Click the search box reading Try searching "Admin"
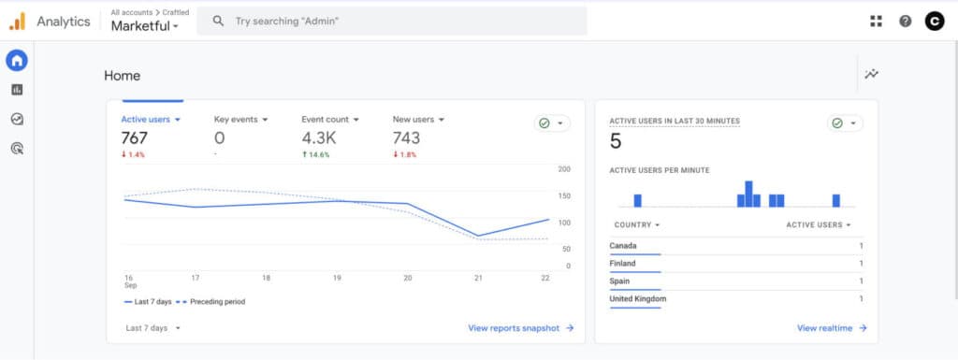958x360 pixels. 393,21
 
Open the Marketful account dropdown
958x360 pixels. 145,26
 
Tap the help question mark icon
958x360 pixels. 905,21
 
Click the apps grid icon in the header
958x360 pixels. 876,21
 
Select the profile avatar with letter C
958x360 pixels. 934,21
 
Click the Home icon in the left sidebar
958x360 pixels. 17,61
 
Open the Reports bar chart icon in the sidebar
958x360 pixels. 17,90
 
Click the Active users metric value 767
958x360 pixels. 135,138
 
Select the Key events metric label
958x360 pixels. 236,120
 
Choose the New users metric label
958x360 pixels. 413,120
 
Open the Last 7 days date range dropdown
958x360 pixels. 152,328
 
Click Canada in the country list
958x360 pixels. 623,246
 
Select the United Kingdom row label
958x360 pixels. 637,299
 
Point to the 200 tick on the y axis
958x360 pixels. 563,169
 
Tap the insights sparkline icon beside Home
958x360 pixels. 872,75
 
